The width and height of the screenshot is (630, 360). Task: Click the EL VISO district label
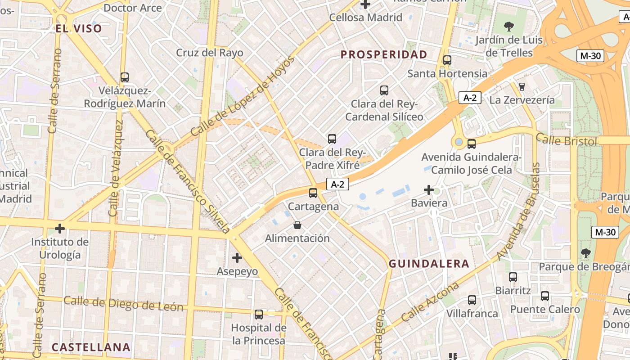79,29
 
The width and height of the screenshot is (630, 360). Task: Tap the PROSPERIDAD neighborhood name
384,55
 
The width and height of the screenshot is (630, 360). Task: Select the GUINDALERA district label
429,264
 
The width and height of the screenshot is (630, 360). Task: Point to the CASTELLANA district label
91,347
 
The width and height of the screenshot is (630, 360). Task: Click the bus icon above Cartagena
313,193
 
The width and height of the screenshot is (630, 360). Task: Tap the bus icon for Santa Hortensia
447,60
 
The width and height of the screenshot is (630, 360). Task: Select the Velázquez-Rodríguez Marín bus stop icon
125,77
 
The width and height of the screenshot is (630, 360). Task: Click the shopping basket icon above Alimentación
297,225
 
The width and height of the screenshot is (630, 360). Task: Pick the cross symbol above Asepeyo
237,258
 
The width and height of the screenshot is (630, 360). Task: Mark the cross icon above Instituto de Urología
59,229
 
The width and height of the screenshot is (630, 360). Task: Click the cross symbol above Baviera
429,190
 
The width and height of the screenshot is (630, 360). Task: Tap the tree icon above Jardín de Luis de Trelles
509,27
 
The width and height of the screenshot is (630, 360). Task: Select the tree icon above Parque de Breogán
585,253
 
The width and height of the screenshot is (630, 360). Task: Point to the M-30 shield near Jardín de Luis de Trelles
590,56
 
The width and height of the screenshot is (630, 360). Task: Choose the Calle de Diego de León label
123,304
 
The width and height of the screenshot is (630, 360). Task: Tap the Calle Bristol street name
567,140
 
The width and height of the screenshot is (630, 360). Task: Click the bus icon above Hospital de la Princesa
258,314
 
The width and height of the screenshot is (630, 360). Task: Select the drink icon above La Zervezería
522,86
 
